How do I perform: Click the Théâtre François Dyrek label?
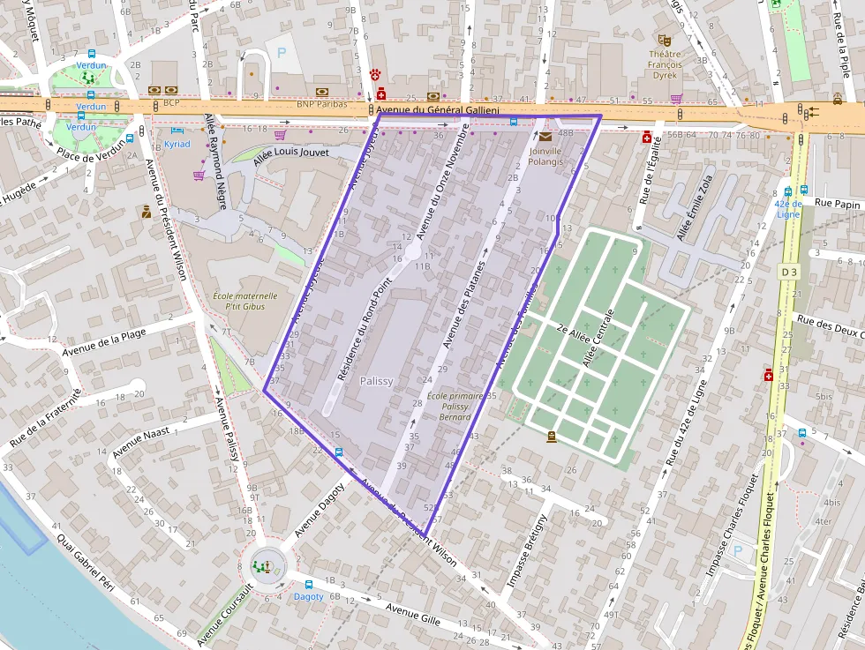click(665, 64)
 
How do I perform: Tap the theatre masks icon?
click(665, 40)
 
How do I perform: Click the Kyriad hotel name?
click(177, 144)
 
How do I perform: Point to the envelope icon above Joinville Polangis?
click(545, 137)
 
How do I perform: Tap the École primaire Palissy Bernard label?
click(455, 407)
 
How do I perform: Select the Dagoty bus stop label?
click(309, 597)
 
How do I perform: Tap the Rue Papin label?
click(837, 204)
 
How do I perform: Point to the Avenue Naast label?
click(140, 438)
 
